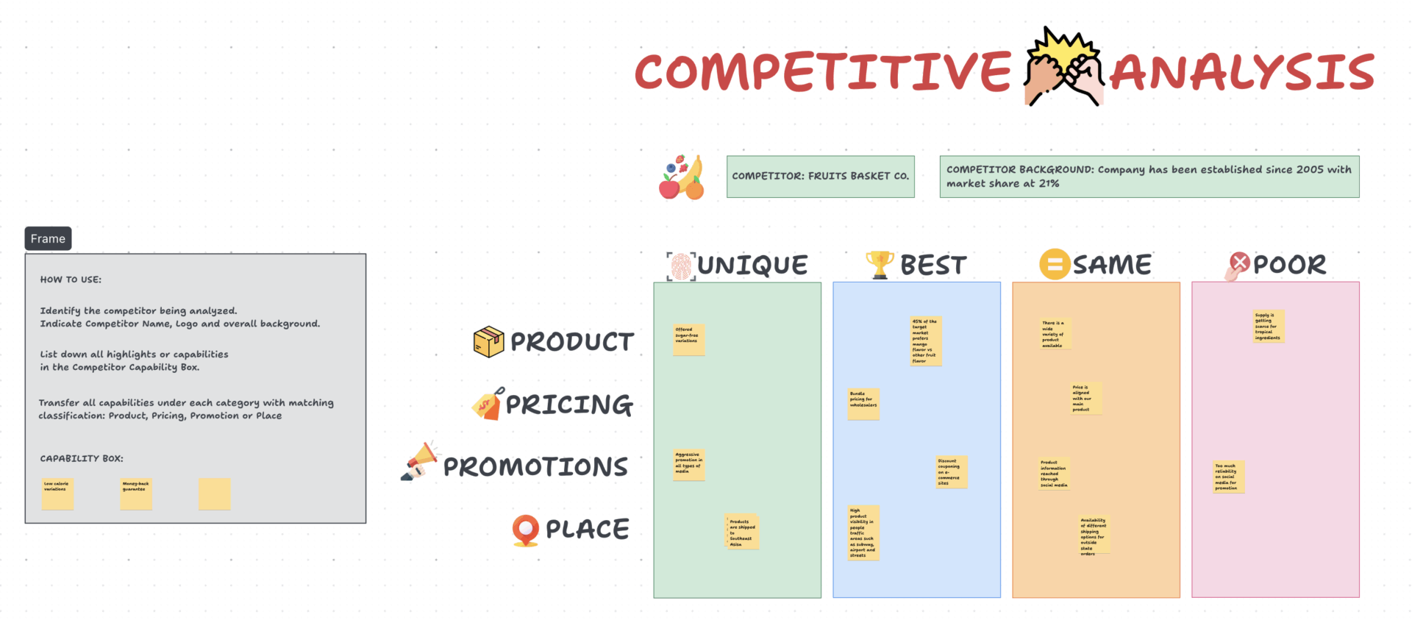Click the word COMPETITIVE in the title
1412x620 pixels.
click(823, 72)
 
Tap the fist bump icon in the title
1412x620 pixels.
click(1063, 68)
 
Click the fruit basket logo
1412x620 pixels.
click(681, 178)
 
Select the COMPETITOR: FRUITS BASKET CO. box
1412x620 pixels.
click(820, 177)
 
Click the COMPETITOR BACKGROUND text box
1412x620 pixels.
click(1149, 177)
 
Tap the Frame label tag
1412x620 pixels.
click(48, 238)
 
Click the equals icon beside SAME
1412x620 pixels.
click(1054, 264)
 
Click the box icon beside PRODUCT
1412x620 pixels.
click(488, 342)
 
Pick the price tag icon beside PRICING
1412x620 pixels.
click(488, 405)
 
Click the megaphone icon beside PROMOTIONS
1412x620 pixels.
click(420, 463)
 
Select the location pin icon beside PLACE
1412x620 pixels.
click(525, 530)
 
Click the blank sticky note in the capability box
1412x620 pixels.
click(214, 493)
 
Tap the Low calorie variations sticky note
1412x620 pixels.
click(57, 493)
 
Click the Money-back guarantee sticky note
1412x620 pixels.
click(136, 493)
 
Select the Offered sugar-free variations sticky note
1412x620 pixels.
click(689, 340)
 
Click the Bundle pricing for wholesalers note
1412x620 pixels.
click(863, 404)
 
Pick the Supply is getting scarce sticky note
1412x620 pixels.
click(1269, 327)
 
